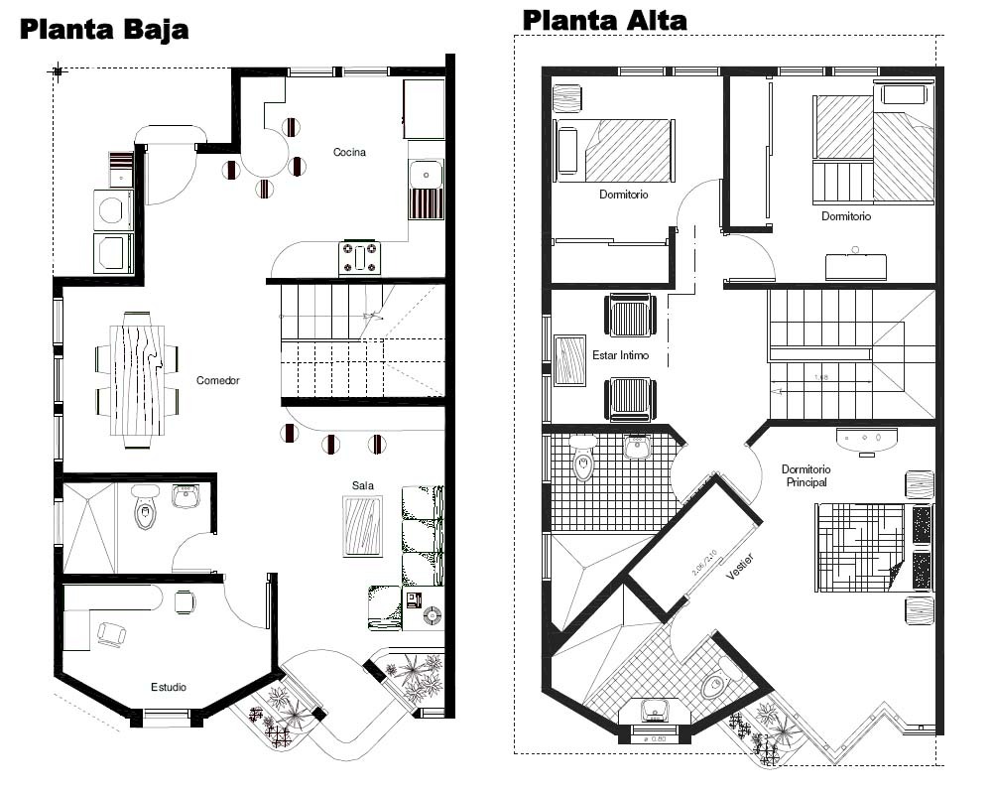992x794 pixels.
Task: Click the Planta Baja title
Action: (104, 29)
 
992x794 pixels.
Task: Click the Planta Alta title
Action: (604, 19)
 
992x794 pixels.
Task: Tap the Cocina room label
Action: (349, 152)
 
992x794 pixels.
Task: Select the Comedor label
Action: (217, 380)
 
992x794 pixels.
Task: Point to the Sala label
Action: (362, 485)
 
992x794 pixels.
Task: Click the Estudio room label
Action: (169, 687)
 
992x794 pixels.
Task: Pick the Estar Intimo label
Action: (621, 354)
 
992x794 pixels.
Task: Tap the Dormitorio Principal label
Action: (806, 475)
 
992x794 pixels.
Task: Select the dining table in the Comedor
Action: (137, 379)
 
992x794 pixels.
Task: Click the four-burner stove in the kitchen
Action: (360, 258)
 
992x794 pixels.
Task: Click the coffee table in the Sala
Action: (362, 526)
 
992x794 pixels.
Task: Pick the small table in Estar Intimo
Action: (570, 360)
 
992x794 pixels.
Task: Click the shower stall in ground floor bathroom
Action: (89, 527)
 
